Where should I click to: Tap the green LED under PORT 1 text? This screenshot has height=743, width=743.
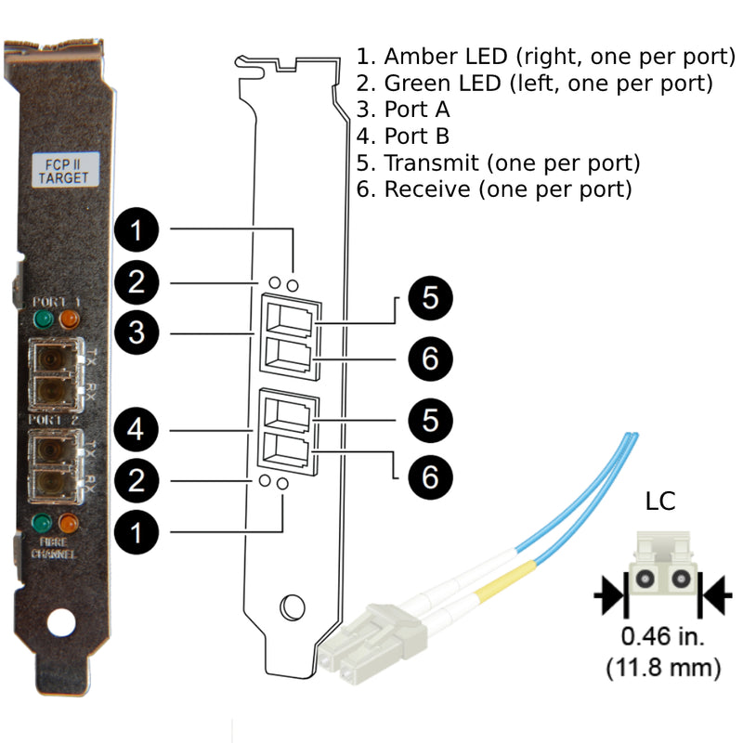42,321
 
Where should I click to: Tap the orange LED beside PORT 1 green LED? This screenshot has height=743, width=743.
69,321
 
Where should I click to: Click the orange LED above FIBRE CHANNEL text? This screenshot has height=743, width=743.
69,523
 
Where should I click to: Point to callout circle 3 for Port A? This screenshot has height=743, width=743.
137,332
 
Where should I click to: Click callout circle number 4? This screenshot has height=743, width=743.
137,431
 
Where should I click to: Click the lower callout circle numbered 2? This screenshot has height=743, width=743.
137,481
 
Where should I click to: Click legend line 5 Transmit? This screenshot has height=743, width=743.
499,163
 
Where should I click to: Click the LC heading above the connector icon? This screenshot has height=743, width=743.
660,502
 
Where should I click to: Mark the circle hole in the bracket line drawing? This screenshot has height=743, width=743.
293,606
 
